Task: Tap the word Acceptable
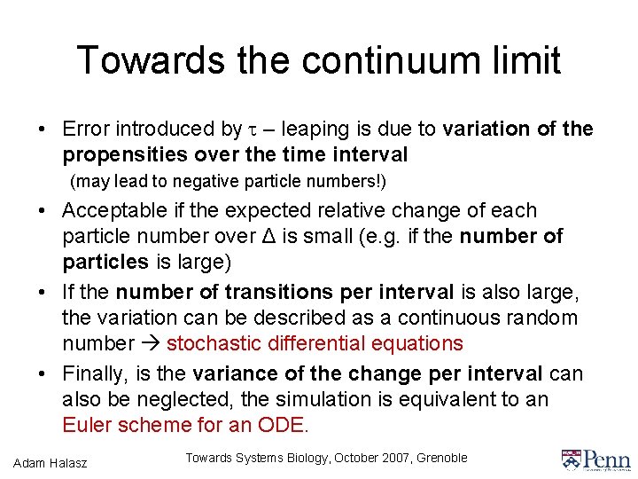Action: point(114,211)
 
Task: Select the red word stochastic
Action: point(209,343)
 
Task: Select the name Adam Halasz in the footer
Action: point(51,461)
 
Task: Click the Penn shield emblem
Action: point(572,459)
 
